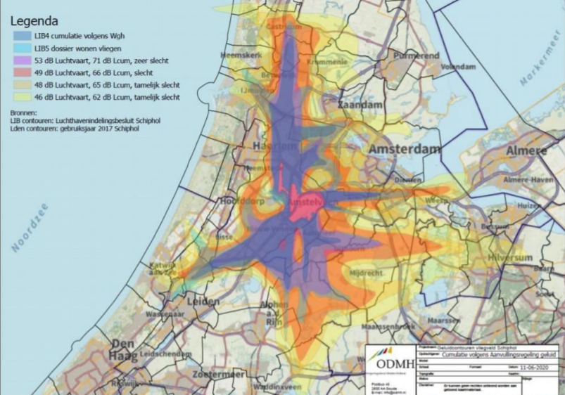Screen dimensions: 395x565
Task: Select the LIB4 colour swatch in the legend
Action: pyautogui.click(x=19, y=35)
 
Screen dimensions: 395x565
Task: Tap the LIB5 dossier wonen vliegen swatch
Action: pyautogui.click(x=19, y=48)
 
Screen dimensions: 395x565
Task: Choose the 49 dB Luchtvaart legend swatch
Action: pyautogui.click(x=19, y=72)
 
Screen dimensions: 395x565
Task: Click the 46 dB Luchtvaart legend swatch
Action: pyautogui.click(x=19, y=97)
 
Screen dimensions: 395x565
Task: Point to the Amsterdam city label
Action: pyautogui.click(x=405, y=150)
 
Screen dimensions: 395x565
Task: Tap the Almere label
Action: pyautogui.click(x=526, y=151)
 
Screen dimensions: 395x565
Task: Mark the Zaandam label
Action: pyautogui.click(x=360, y=104)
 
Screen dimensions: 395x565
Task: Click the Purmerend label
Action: pyautogui.click(x=416, y=55)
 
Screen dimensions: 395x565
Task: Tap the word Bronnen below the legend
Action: pyautogui.click(x=25, y=112)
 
